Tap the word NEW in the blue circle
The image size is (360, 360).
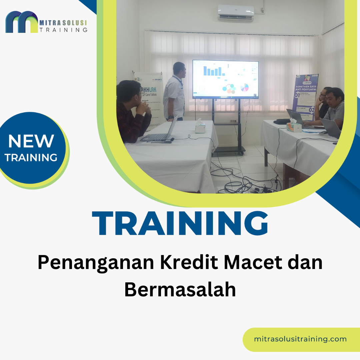pyautogui.click(x=31, y=141)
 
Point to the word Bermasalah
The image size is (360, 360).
pyautogui.click(x=180, y=289)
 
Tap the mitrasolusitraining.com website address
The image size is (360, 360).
pyautogui.click(x=300, y=339)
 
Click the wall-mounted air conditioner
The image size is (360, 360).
pyautogui.click(x=236, y=13)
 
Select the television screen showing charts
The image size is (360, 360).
pyautogui.click(x=225, y=79)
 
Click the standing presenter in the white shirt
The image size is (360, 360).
pyautogui.click(x=174, y=92)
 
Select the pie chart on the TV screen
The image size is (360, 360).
pyautogui.click(x=245, y=87)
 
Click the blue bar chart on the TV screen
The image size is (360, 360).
pyautogui.click(x=213, y=71)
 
